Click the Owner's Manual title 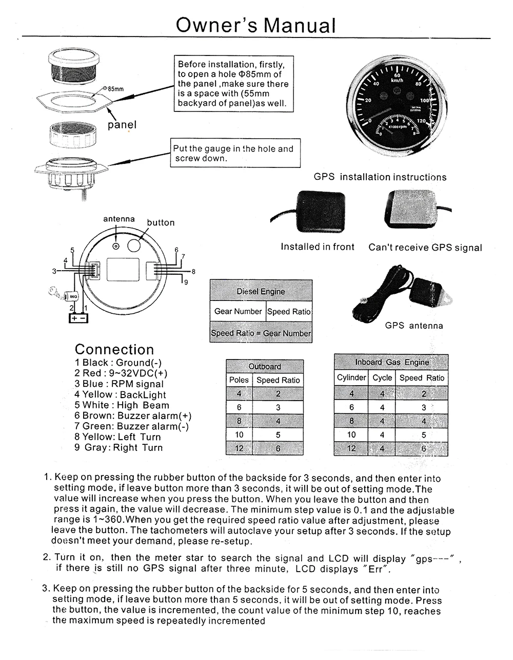(255, 24)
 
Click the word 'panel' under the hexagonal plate (122, 125)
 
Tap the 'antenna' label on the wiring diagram (119, 219)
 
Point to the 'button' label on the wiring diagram (161, 222)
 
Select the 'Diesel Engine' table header (261, 291)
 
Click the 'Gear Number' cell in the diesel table (238, 311)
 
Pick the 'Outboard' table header (265, 366)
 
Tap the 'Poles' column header (239, 380)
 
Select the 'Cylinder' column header (351, 378)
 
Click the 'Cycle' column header (382, 378)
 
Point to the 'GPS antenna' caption (414, 325)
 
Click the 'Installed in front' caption (318, 247)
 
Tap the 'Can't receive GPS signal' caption (425, 247)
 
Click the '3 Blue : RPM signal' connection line (119, 384)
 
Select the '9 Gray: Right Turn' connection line (119, 447)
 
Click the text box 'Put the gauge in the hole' (235, 153)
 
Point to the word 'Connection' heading (114, 349)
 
